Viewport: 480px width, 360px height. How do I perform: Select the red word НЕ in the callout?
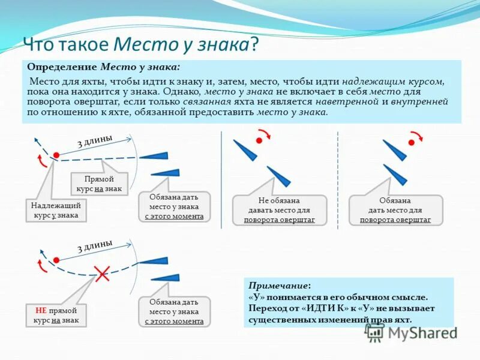41,310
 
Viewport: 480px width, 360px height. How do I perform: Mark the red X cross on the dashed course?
103,274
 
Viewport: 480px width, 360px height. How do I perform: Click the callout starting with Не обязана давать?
279,210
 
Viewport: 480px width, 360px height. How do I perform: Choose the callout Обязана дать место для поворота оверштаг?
395,210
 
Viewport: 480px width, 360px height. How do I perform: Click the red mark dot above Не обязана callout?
259,140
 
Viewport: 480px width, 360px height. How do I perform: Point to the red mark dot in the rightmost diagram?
412,143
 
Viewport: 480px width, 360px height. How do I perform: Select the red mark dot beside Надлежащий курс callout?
56,155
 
